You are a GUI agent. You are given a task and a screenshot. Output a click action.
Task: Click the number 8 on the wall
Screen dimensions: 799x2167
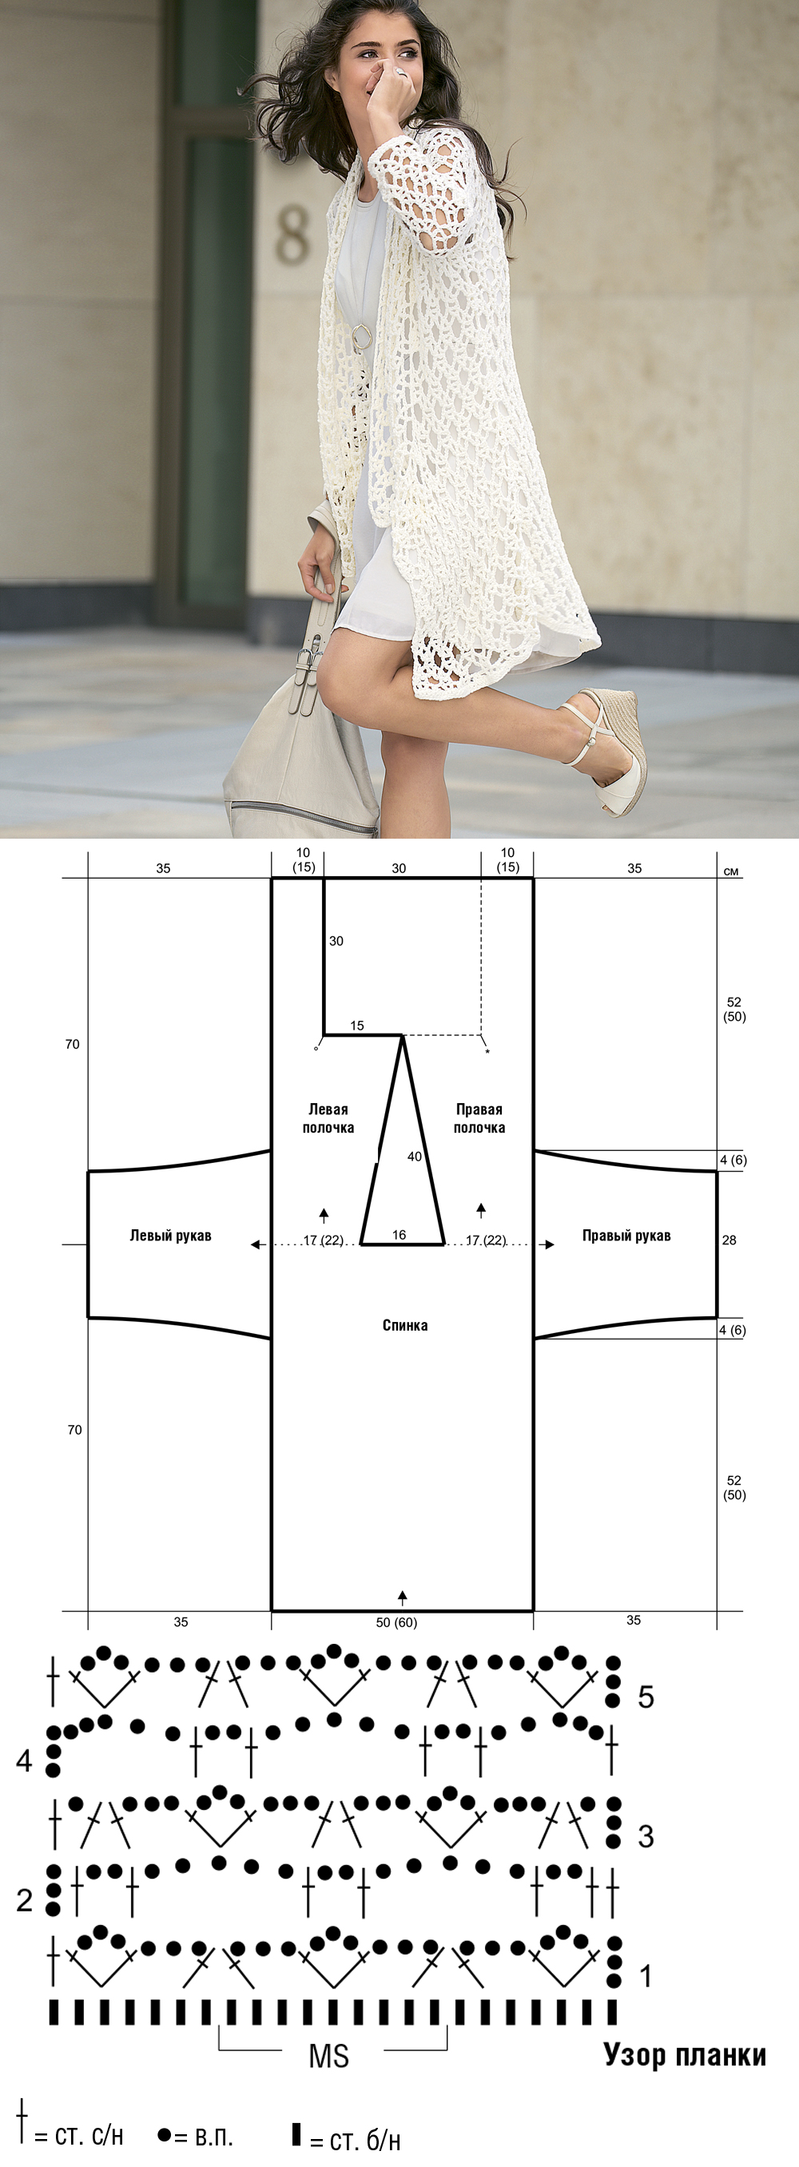point(292,236)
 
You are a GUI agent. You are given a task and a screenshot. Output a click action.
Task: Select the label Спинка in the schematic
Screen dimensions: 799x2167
point(404,1325)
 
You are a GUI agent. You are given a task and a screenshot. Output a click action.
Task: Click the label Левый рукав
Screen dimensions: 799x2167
point(170,1236)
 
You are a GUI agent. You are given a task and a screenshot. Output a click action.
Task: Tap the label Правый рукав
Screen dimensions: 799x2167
point(626,1236)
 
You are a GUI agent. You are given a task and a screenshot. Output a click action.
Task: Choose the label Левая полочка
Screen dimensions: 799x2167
point(328,1119)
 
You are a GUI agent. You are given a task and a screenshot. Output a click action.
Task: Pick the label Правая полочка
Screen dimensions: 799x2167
point(479,1119)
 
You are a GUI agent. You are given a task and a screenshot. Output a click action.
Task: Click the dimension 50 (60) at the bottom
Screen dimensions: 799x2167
point(396,1622)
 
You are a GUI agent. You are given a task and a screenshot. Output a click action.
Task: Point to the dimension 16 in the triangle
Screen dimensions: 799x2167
point(399,1235)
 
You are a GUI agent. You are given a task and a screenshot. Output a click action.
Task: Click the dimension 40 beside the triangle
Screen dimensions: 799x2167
point(415,1157)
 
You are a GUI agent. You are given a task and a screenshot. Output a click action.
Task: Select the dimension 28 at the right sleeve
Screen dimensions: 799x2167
point(729,1240)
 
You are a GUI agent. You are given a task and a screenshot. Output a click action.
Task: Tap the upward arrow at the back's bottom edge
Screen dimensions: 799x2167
point(403,1598)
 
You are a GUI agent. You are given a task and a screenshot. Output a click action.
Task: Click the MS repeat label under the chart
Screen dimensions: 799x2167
point(329,2056)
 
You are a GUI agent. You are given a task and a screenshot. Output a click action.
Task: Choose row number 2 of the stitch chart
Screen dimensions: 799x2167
point(25,1899)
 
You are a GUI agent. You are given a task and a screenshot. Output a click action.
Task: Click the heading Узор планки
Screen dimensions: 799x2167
point(685,2055)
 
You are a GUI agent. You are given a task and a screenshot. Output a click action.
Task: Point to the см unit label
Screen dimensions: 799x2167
point(731,871)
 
